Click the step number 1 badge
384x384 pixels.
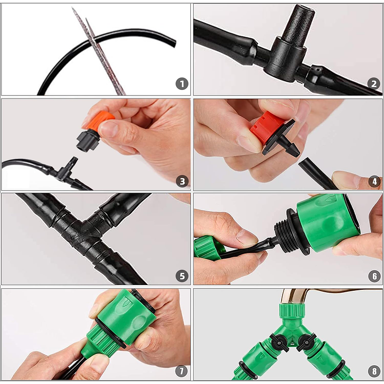tap(182, 84)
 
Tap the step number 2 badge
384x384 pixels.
tap(373, 84)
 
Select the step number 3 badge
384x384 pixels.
tap(182, 181)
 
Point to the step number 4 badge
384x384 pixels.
tap(374, 181)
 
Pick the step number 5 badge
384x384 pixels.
tap(182, 276)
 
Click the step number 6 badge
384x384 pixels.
tap(374, 276)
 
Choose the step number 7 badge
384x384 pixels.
tap(181, 371)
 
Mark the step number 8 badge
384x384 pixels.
tap(374, 371)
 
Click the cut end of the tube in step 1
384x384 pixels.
tap(174, 43)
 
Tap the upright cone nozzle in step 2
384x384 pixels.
tap(298, 24)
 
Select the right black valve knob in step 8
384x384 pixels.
tap(306, 342)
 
